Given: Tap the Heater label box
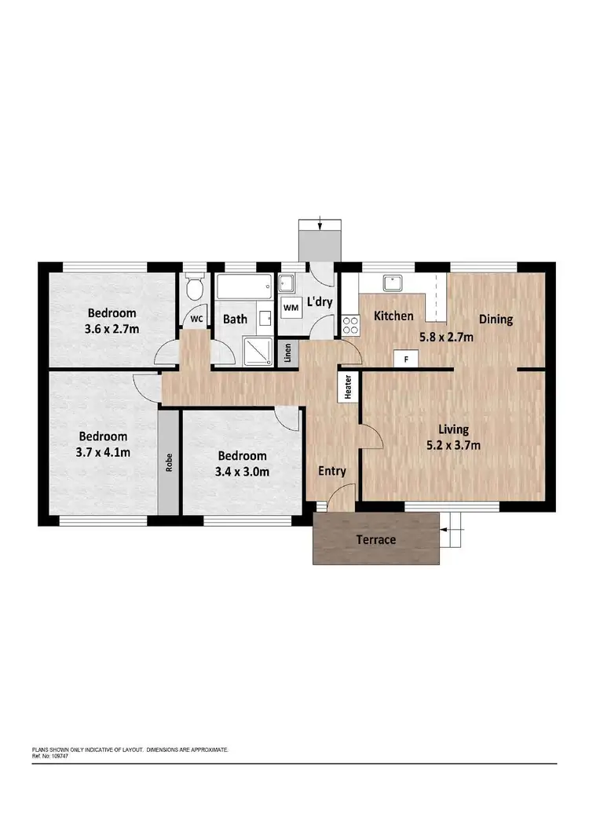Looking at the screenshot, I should tap(346, 388).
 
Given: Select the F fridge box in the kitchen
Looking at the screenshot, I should tap(406, 359).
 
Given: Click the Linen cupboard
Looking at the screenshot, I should tap(289, 352).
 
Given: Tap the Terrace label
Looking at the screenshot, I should tap(375, 540).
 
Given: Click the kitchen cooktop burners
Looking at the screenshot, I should tap(350, 324).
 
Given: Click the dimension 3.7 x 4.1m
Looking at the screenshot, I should tap(103, 451).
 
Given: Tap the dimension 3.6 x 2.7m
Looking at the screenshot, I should tap(113, 328).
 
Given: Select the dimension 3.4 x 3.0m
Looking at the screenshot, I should tap(243, 472).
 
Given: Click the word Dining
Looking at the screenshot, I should tap(496, 319).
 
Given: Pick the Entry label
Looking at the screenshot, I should tap(331, 471).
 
